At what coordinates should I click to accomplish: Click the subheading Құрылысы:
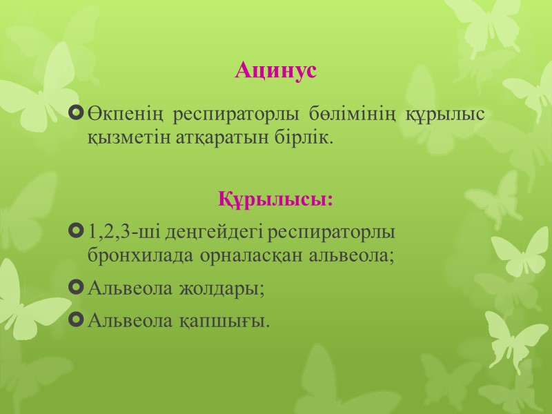point(276,200)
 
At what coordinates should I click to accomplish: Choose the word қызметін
point(121,138)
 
